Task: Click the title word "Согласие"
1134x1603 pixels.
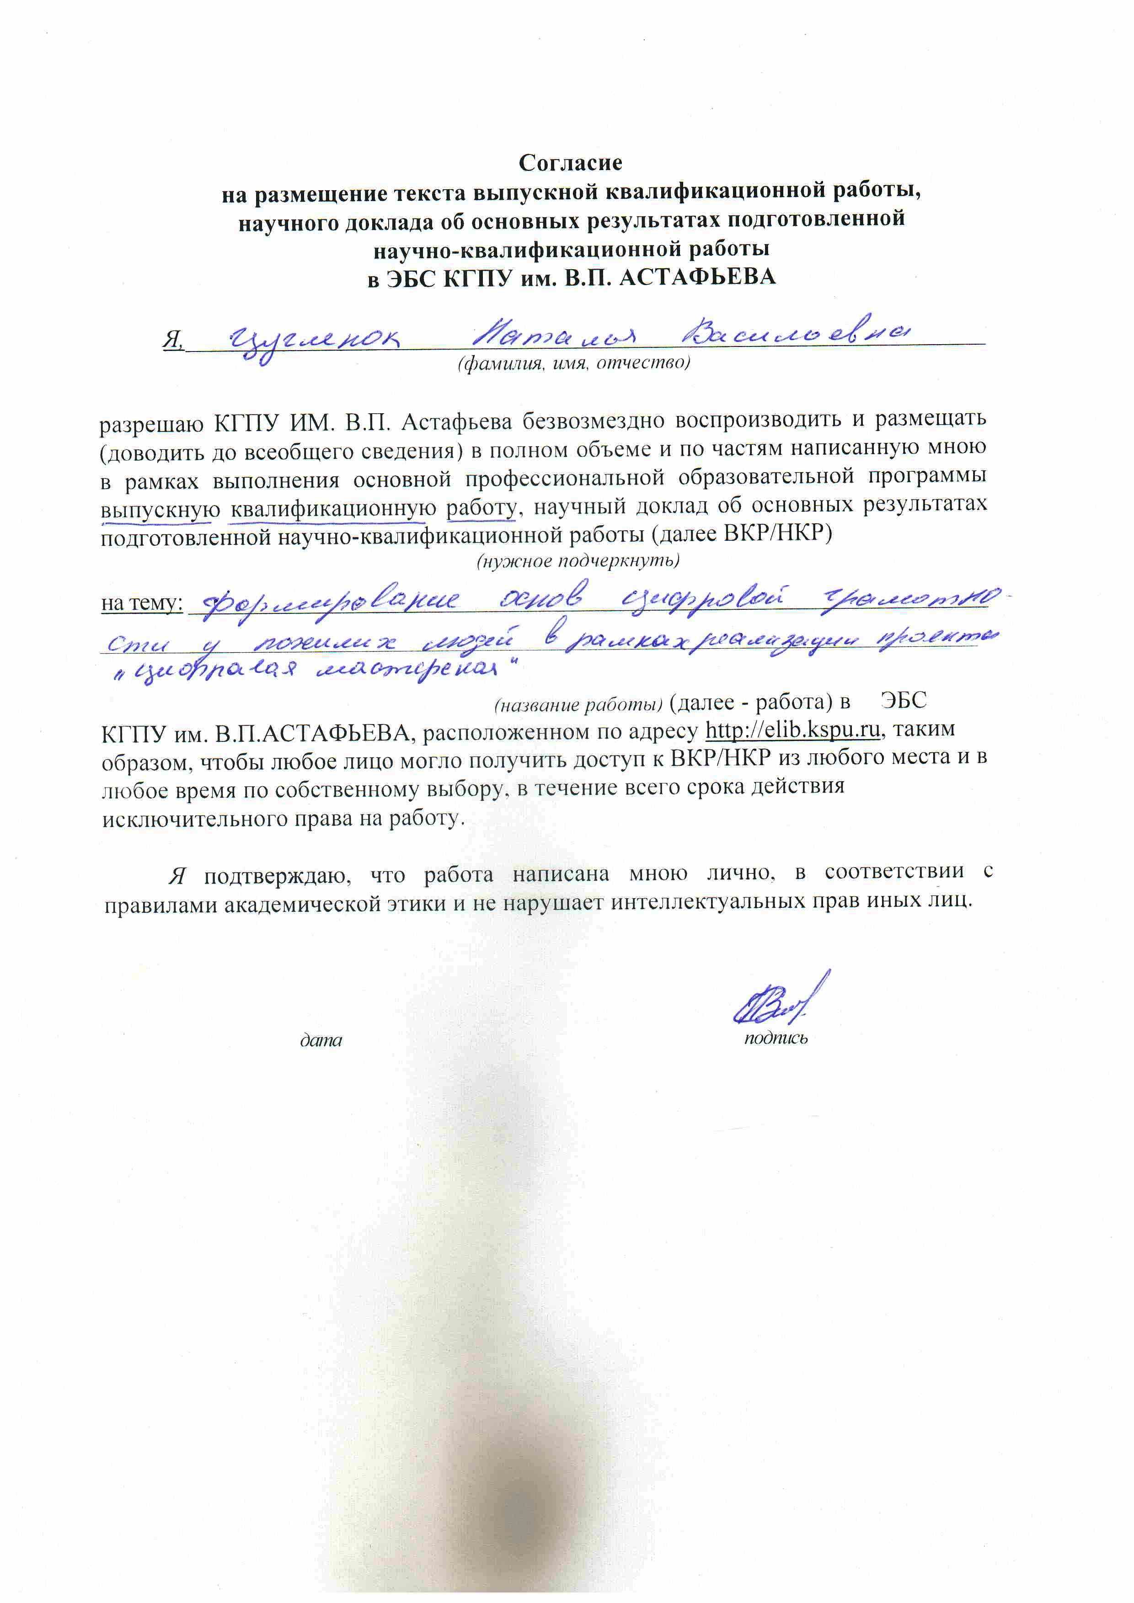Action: click(570, 163)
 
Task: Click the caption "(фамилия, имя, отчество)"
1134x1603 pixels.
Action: click(573, 363)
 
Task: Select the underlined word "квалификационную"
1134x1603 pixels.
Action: click(327, 508)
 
